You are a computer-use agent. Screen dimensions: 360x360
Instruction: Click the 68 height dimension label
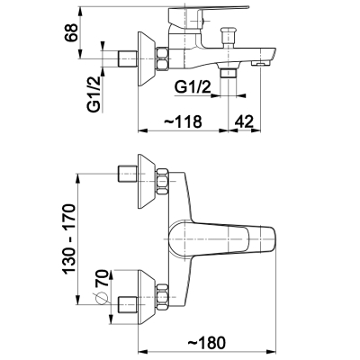(x=71, y=32)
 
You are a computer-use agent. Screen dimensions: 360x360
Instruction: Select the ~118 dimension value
(x=183, y=121)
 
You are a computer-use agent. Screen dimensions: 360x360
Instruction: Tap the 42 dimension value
(x=244, y=121)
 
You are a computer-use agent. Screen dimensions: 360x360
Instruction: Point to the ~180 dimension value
(x=207, y=343)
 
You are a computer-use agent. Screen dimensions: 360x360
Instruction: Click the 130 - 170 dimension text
(x=69, y=238)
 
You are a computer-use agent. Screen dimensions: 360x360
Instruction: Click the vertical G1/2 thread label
(x=94, y=94)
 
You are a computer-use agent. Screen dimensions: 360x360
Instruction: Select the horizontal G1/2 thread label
(x=193, y=88)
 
